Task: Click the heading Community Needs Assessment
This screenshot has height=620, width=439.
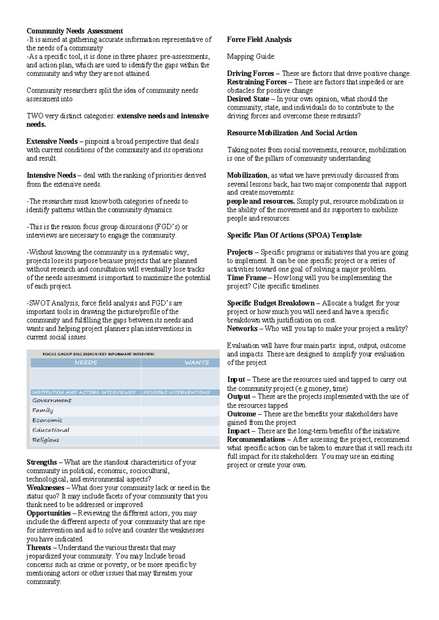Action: pos(74,31)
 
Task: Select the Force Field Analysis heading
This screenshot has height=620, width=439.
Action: pos(259,39)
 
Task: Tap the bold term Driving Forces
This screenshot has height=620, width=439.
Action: pos(250,73)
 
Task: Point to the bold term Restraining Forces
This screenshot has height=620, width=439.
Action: pos(256,82)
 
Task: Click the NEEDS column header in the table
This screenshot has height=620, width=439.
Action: pos(86,363)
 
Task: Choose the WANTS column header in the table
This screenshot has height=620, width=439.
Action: pos(196,363)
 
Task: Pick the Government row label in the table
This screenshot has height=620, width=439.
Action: pos(52,400)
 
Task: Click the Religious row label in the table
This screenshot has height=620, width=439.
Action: pos(45,440)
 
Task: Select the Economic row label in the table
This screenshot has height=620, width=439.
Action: pos(47,420)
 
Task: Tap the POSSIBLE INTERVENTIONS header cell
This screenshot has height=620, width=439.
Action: pos(176,392)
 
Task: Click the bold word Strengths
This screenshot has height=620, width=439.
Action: pos(42,462)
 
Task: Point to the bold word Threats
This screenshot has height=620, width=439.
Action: pos(38,548)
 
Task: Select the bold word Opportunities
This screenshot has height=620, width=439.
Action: pos(48,513)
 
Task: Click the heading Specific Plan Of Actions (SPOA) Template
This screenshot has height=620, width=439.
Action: pos(294,235)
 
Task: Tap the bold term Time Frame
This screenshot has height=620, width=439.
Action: pos(246,277)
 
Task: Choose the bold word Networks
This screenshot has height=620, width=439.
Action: pos(242,328)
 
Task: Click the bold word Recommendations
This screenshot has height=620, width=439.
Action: pos(256,439)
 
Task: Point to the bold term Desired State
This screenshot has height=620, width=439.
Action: pos(248,99)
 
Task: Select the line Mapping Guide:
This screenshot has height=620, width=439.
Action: pos(251,57)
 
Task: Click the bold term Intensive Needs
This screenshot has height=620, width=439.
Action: pos(51,175)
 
